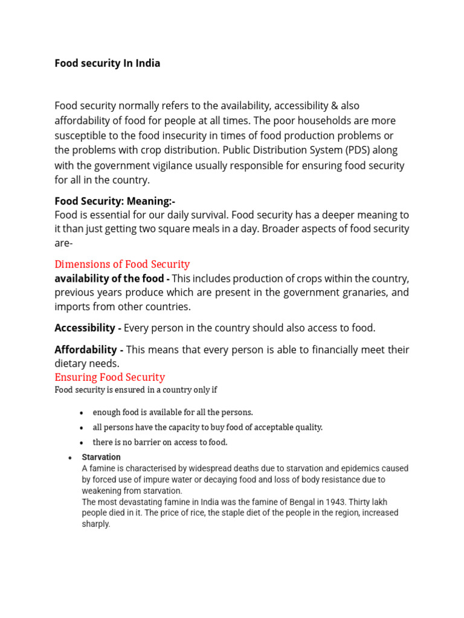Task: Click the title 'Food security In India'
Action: (108, 63)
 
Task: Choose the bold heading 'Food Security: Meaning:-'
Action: (115, 201)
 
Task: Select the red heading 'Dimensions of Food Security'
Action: (122, 264)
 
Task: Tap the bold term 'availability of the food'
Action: (109, 278)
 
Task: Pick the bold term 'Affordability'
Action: (86, 349)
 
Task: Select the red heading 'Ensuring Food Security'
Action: (109, 377)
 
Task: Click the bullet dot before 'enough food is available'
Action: (82, 413)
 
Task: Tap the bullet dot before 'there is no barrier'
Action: (82, 443)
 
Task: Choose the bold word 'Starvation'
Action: (101, 457)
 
